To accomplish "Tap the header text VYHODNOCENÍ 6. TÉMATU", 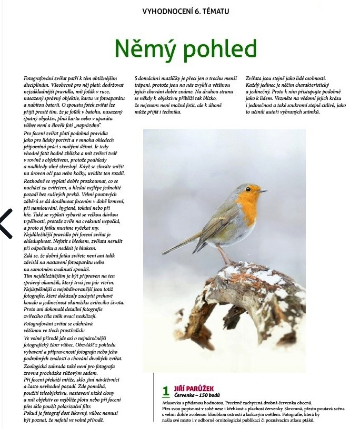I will tap(186, 11).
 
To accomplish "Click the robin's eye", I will tap(253, 189).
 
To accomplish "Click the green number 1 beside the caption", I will tap(166, 391).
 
